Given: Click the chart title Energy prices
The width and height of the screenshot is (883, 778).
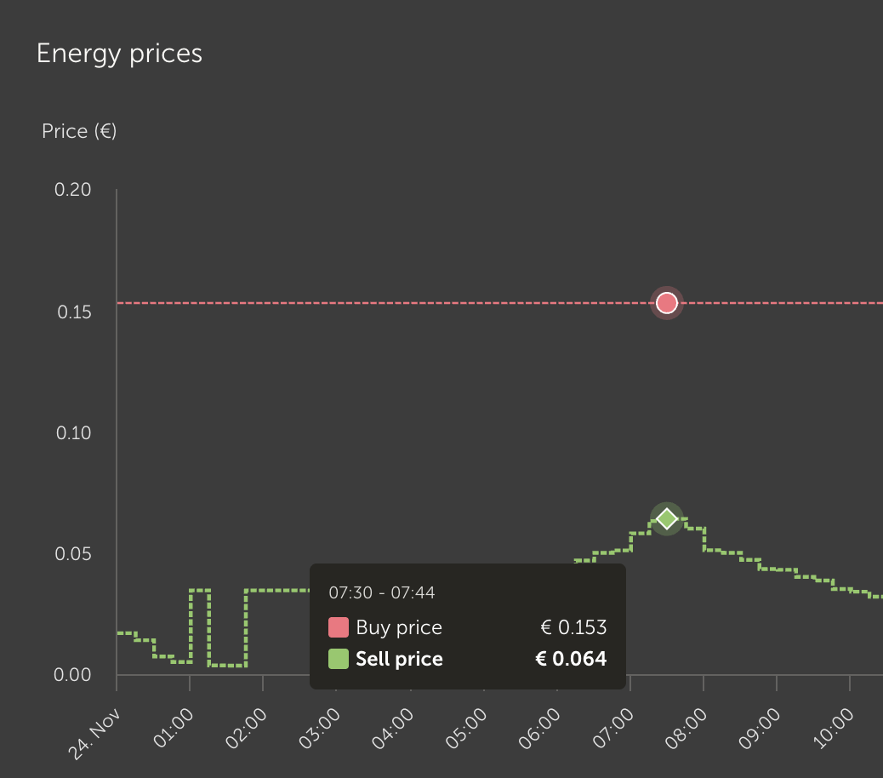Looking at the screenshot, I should coord(119,54).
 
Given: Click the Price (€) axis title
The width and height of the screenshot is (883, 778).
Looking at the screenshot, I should coord(79,131).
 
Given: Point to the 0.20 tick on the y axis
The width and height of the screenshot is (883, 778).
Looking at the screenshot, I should coord(73,190).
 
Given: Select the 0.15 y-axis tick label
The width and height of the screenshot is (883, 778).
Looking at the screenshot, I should coord(74,312).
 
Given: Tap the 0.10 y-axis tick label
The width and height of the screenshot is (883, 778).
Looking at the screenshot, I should coord(73,433).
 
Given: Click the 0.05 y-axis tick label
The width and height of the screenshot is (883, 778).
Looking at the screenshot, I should coord(73,555).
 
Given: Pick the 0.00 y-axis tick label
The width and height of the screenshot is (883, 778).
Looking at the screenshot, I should coord(73,676).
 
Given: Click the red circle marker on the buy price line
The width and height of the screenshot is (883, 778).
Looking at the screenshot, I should coord(667,303).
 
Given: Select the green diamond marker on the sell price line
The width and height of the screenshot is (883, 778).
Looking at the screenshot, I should coord(667,518).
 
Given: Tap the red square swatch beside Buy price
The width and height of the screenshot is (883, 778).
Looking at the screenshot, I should coord(339,628).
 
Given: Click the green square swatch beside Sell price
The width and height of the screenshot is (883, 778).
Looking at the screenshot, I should coord(339,659).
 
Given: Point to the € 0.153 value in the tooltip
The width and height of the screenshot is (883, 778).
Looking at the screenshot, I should coord(573,628).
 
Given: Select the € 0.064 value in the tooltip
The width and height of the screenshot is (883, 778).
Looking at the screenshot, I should coord(571,659).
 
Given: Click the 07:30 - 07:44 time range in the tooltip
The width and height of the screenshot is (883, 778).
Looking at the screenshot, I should coord(382,592).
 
